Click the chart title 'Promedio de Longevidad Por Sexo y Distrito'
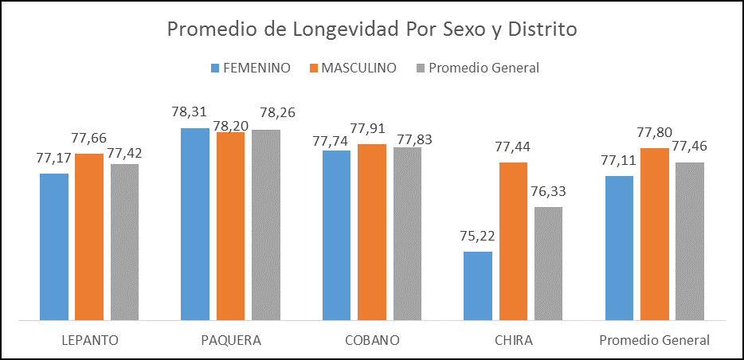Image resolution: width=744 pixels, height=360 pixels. (371, 29)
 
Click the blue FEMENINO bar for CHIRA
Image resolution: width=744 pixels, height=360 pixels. (478, 286)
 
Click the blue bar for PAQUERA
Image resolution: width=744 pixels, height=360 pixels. (195, 224)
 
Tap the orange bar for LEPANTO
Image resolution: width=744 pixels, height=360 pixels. (89, 237)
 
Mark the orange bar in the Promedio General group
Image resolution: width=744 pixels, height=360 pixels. (655, 234)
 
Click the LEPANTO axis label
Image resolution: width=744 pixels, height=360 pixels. (89, 341)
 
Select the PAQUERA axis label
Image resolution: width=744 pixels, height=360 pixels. (230, 341)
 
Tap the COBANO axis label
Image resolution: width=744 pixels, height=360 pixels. (372, 341)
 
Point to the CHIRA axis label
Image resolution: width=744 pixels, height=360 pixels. (513, 341)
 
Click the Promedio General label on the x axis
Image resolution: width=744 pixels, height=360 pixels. (654, 341)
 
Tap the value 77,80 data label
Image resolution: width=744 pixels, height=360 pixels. (655, 132)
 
